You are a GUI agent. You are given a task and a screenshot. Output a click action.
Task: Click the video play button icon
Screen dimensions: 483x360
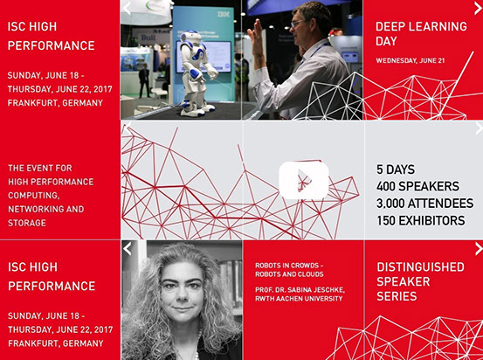(304, 181)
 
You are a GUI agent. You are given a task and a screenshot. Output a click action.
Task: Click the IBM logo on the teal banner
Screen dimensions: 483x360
(224, 14)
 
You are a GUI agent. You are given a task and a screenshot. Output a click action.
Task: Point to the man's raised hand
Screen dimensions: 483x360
(256, 33)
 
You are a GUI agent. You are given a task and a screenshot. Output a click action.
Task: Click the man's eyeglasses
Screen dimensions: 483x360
(298, 23)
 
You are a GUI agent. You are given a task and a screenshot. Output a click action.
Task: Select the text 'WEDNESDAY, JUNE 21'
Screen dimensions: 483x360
(411, 60)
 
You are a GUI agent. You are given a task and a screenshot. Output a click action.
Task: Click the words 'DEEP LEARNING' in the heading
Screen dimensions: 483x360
(421, 27)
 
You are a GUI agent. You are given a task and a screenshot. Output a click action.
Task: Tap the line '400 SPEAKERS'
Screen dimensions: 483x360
(417, 186)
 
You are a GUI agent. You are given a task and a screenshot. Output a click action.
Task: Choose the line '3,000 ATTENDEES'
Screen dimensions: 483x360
(424, 204)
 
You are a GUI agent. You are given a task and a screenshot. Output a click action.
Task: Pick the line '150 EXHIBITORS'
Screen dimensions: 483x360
(421, 221)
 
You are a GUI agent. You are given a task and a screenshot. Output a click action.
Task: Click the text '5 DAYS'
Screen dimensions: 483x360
(396, 170)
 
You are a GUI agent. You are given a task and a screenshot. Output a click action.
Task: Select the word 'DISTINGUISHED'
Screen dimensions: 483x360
(420, 267)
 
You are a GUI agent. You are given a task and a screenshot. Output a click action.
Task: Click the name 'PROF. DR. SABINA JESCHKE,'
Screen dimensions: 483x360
(300, 290)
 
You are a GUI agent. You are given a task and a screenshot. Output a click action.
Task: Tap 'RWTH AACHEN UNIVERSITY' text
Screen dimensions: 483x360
(299, 299)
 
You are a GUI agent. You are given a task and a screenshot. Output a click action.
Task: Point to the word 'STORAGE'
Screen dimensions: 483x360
(27, 223)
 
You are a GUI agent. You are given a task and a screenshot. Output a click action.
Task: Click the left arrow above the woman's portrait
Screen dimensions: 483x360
(128, 249)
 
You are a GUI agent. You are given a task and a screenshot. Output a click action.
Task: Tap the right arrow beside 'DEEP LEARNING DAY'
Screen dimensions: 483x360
(478, 9)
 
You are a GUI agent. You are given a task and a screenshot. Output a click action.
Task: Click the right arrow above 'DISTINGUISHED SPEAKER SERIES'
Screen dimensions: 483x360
(479, 249)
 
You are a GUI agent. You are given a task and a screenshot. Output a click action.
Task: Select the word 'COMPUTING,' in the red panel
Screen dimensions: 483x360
(34, 196)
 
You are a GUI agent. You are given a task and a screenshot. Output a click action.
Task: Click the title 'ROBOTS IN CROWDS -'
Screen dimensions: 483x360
(289, 266)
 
